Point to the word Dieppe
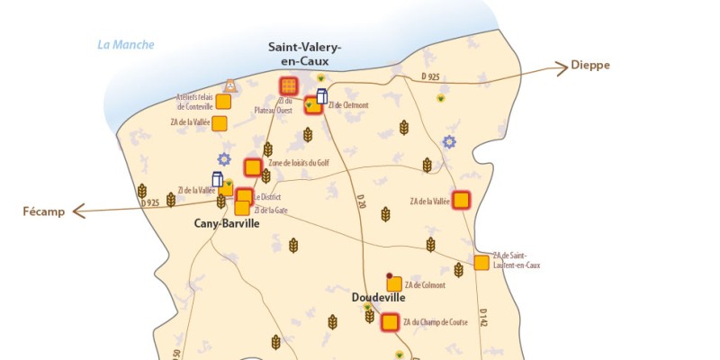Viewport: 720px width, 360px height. pos(589,66)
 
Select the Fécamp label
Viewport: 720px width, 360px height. pos(43,211)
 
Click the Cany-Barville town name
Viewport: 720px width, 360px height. pos(227,224)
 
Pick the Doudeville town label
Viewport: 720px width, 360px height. pos(378,297)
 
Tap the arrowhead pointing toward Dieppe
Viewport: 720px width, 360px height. pos(559,66)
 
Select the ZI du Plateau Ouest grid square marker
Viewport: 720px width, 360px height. pos(288,86)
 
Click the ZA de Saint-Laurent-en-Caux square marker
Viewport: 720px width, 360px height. pos(481,263)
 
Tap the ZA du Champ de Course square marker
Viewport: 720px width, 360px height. pos(390,322)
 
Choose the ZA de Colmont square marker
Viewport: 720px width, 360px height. pos(394,284)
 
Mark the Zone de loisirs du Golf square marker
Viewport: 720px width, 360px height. pos(253,166)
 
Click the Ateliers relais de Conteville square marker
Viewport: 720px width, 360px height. pos(223,102)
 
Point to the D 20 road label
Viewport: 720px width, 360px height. pos(360,202)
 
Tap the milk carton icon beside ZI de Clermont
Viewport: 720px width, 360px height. pos(321,96)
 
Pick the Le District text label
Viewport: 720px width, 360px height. pos(267,197)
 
